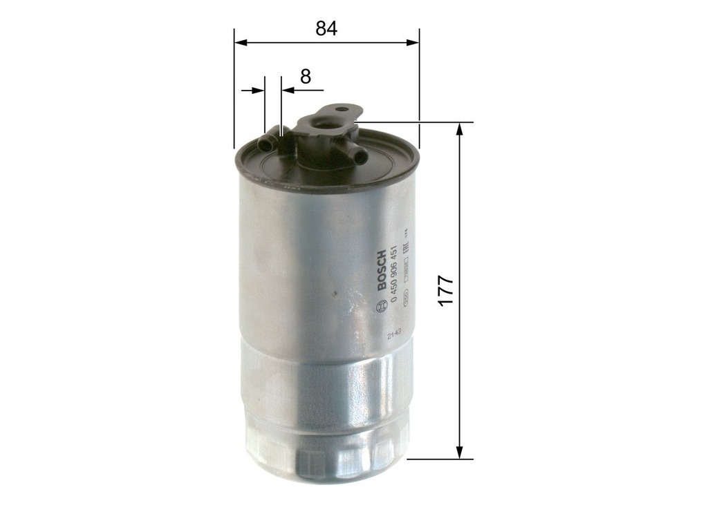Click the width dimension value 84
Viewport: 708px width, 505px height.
pos(326,28)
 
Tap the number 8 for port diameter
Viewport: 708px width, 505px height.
pos(306,76)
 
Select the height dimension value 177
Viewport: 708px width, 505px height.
pos(445,291)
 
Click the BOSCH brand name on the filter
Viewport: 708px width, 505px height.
pos(382,271)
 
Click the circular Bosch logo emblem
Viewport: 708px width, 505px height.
pos(378,307)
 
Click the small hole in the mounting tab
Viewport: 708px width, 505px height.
pos(339,109)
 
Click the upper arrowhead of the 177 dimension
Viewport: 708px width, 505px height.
pos(459,128)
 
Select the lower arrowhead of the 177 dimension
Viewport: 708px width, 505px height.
pos(459,452)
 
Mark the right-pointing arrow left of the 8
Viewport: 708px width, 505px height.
pos(259,90)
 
